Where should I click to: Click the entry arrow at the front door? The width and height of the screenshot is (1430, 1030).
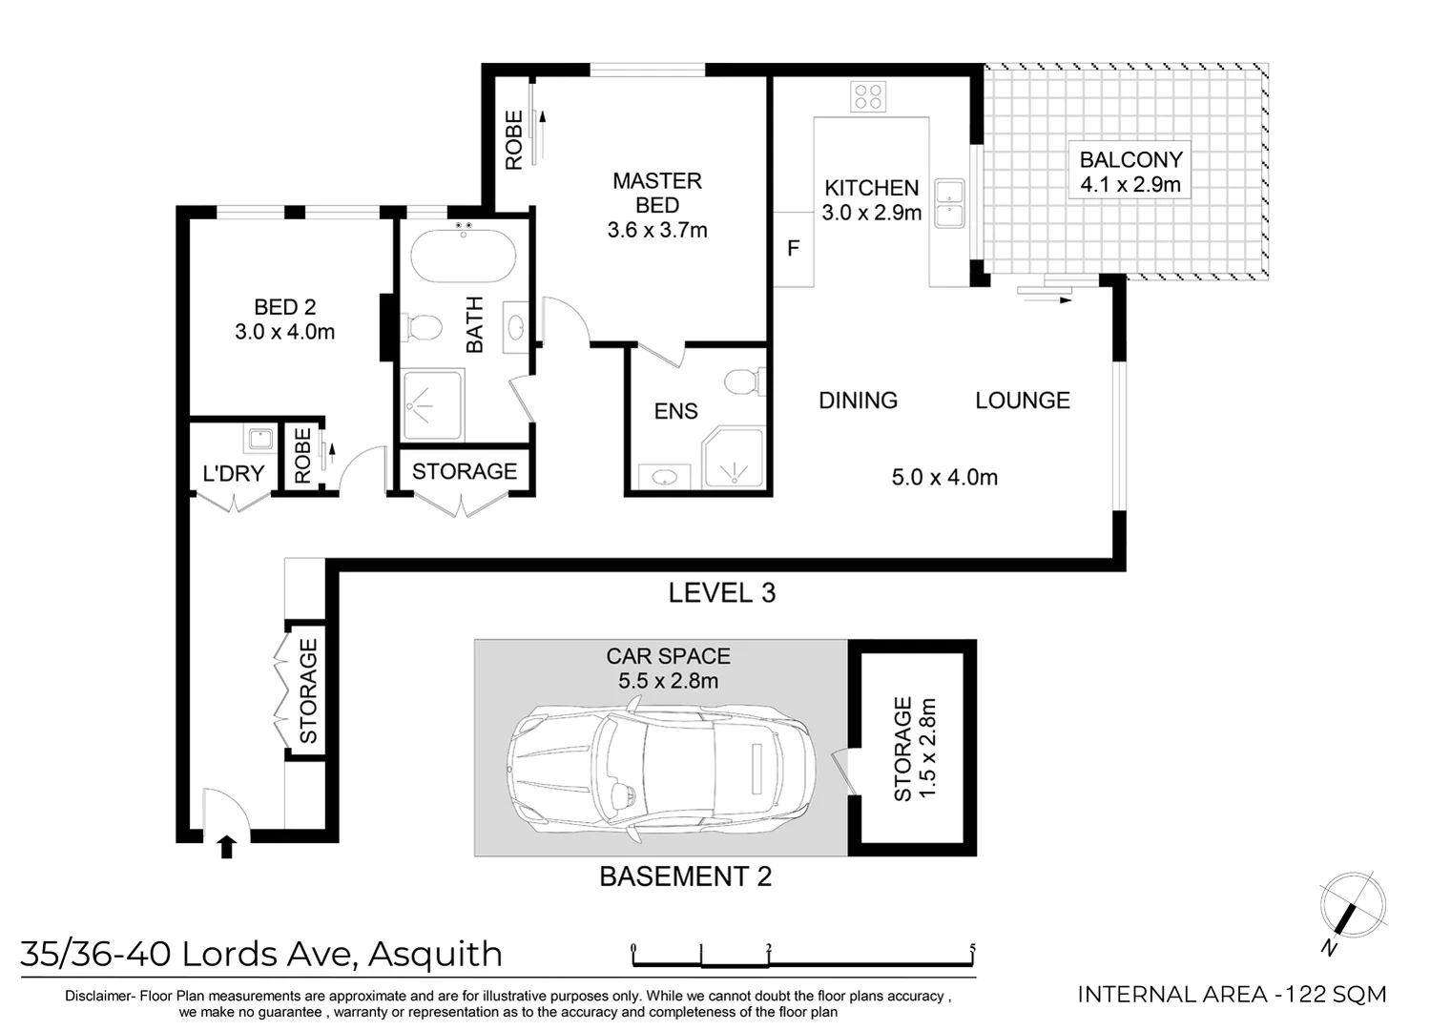226,846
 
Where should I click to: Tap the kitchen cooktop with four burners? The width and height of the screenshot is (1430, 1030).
868,96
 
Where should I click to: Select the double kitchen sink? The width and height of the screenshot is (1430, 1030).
949,203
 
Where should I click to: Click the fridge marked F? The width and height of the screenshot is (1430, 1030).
793,249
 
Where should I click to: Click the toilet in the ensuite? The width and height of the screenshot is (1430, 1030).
742,383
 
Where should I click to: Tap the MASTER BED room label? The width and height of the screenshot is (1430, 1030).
656,193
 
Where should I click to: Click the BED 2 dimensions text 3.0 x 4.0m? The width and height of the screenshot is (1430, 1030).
284,333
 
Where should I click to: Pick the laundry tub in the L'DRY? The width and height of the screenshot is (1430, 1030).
259,440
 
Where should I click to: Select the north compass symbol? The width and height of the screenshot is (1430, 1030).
1351,905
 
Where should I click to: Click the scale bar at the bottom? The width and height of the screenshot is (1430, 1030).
802,955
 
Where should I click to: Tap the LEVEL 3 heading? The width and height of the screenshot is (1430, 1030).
721,593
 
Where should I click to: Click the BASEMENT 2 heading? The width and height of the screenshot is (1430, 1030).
685,876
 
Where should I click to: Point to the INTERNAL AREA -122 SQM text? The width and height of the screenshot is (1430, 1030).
1231,995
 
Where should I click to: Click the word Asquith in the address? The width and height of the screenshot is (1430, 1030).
435,954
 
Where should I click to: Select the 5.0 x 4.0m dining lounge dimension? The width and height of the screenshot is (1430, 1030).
944,477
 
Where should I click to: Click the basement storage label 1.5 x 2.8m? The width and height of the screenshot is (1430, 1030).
927,749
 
